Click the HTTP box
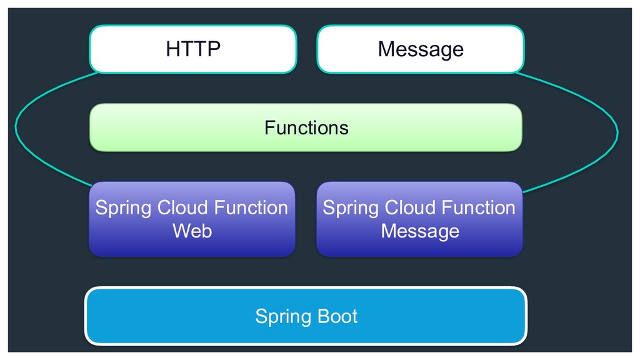click(x=192, y=49)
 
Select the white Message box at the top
click(x=420, y=49)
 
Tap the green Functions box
click(x=306, y=127)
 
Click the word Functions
click(x=306, y=127)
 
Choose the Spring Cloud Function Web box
click(x=191, y=219)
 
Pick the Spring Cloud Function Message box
click(x=419, y=219)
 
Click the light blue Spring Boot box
click(x=306, y=316)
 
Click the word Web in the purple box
click(x=192, y=231)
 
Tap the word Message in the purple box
click(x=419, y=231)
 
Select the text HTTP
click(x=192, y=49)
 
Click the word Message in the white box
click(x=420, y=49)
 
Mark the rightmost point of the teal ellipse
click(x=617, y=132)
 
